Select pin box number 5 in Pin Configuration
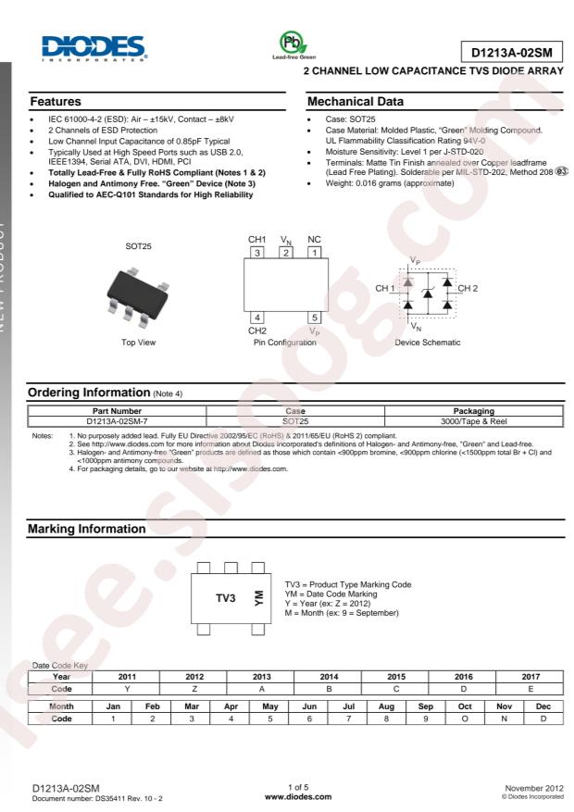tap(315, 318)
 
